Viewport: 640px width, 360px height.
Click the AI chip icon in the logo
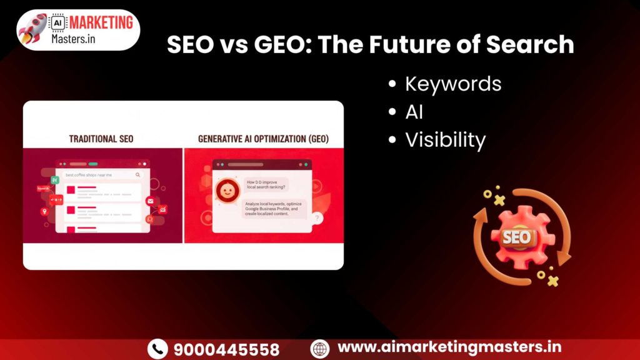56,22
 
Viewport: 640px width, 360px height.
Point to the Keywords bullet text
453,83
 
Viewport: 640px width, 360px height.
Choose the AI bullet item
414,112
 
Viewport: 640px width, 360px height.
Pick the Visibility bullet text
445,140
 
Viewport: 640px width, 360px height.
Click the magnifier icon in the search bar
137,176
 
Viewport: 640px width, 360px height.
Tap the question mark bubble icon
317,218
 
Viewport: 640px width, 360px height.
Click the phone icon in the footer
157,349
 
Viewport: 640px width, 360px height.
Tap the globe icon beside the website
320,348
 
